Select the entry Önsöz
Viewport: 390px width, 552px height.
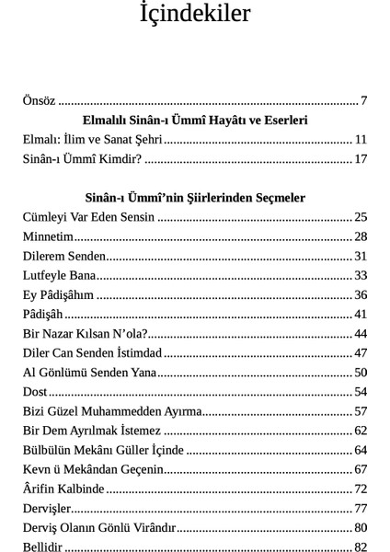tap(39, 100)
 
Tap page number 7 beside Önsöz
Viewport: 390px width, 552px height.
tap(364, 100)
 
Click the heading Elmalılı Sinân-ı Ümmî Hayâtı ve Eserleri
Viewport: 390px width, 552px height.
tap(194, 121)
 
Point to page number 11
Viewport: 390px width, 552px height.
tap(361, 140)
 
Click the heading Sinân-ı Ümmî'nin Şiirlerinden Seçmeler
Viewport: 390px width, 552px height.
tap(194, 198)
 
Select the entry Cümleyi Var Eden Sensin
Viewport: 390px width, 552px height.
tap(89, 217)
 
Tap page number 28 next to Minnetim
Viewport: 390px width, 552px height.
tap(361, 236)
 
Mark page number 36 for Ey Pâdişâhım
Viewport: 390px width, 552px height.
tap(361, 294)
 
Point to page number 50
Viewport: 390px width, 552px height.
tap(361, 373)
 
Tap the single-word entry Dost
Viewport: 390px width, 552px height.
tap(35, 392)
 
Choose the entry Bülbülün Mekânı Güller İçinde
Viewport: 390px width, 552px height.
tap(103, 450)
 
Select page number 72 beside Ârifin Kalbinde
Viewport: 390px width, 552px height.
tap(361, 489)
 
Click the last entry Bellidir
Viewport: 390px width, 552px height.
tap(42, 547)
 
